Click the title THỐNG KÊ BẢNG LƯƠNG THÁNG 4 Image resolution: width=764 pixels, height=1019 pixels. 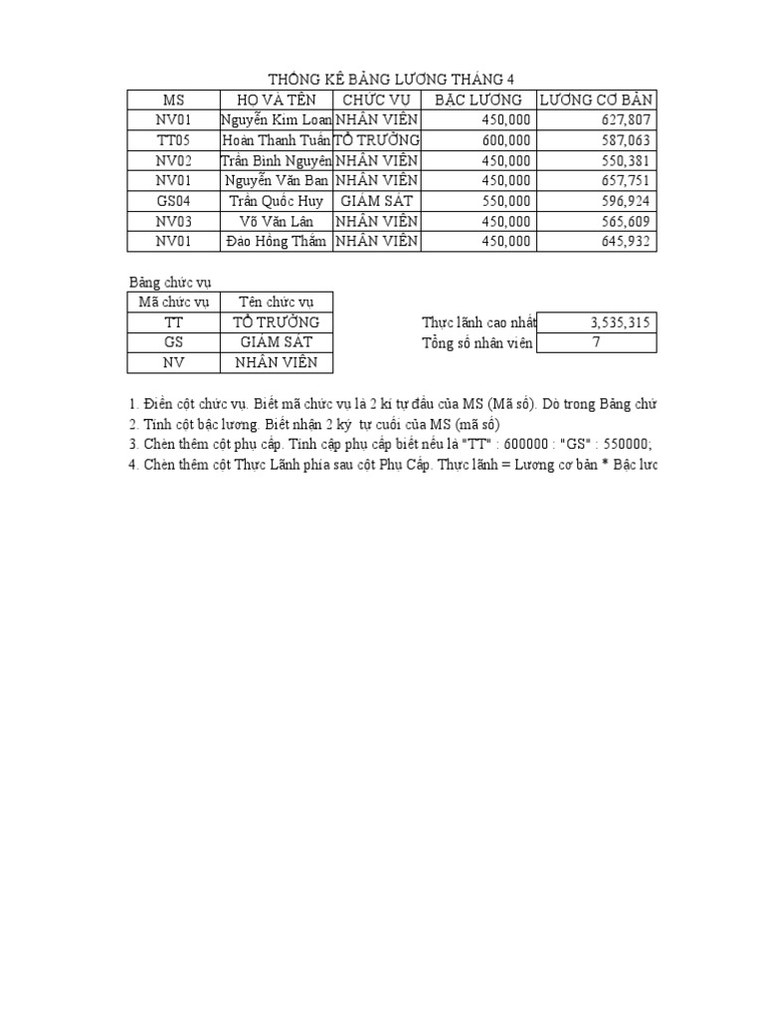click(x=392, y=80)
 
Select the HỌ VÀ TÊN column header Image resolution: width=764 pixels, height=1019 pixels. click(x=276, y=100)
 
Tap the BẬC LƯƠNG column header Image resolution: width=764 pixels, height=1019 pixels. click(x=478, y=100)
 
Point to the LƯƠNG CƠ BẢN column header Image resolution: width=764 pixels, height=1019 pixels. click(x=597, y=100)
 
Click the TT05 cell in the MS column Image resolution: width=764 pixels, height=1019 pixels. click(x=173, y=140)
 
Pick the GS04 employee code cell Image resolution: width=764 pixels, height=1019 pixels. click(x=173, y=201)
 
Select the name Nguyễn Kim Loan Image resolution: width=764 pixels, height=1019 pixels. click(x=276, y=120)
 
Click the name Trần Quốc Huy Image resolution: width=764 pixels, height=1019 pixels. click(x=276, y=201)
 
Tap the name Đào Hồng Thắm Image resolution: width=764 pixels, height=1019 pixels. click(x=276, y=242)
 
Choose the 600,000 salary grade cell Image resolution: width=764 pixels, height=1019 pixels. click(x=506, y=140)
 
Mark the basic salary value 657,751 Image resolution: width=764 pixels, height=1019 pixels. click(x=626, y=181)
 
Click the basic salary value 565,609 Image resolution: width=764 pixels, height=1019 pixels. click(x=626, y=222)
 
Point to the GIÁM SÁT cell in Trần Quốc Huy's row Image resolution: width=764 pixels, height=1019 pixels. click(x=376, y=201)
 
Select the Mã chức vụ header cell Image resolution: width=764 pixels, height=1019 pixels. click(x=173, y=303)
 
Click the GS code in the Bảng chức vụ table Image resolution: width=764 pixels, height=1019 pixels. click(x=173, y=342)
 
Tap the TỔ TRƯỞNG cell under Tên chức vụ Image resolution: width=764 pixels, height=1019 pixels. click(x=276, y=322)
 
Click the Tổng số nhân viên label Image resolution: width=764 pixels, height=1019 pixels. click(x=477, y=343)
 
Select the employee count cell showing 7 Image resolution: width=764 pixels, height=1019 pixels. click(x=596, y=343)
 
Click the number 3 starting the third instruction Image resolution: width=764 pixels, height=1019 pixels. click(x=132, y=444)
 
